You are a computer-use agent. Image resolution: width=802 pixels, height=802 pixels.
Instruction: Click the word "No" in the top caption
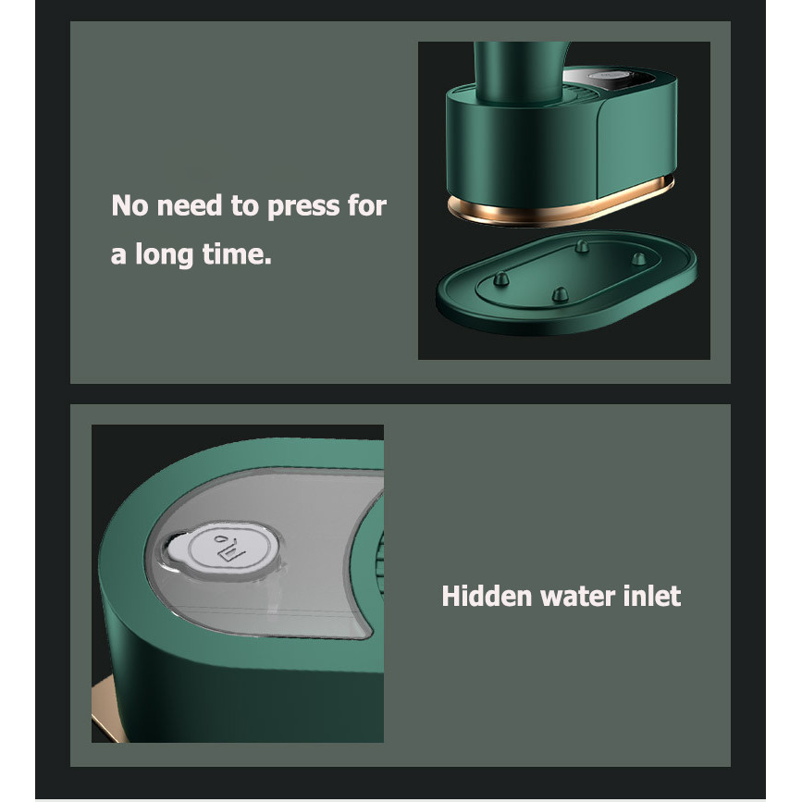130,205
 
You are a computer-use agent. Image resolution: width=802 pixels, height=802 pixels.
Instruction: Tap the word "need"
190,205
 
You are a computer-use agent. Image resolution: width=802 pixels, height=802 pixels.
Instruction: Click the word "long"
164,254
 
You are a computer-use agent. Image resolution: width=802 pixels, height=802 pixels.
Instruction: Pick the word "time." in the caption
236,253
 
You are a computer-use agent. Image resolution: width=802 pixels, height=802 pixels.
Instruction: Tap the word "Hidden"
487,596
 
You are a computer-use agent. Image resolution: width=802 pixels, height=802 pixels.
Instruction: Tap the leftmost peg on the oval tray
500,279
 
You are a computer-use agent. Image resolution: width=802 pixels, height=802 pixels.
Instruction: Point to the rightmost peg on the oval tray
638,259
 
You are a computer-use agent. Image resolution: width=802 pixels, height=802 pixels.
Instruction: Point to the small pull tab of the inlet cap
177,549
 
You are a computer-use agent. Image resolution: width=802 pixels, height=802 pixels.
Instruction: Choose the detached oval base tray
566,283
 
